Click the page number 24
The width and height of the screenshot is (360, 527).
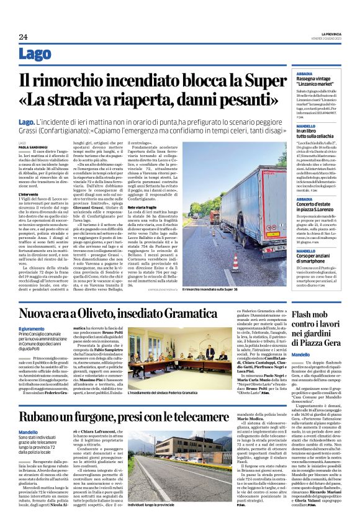tap(24, 37)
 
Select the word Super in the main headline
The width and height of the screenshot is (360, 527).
tap(265, 81)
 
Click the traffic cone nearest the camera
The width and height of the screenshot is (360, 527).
tap(235, 264)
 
